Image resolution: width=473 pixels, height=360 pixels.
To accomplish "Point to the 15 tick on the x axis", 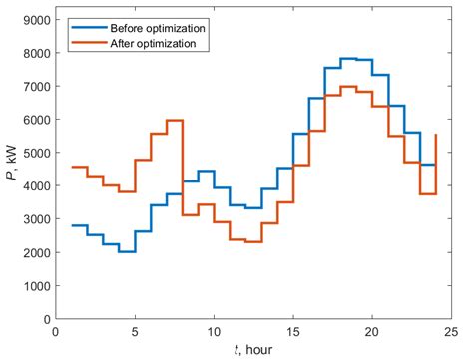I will click(x=292, y=330).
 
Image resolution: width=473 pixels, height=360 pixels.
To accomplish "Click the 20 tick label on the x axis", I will click(x=371, y=330).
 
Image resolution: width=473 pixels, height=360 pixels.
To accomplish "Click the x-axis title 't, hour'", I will click(x=252, y=349).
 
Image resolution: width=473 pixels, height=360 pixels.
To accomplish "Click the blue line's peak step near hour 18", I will click(x=348, y=59).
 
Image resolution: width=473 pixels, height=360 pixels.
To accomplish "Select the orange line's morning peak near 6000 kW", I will click(x=175, y=120).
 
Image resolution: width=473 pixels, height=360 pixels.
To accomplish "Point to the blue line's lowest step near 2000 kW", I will click(x=127, y=251).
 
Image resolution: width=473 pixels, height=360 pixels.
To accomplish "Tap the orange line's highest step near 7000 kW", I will click(x=348, y=87).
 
